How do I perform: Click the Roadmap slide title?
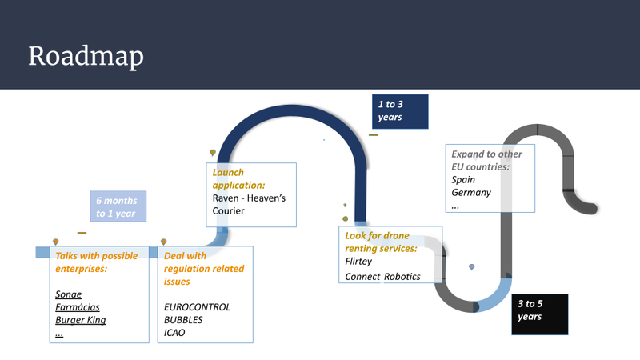tap(86, 56)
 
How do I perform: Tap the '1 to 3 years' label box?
tap(400, 111)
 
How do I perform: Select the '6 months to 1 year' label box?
tap(118, 206)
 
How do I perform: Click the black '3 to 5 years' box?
tap(539, 314)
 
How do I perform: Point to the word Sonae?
tap(68, 294)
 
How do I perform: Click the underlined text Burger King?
tap(81, 320)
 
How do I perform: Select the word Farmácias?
tap(77, 307)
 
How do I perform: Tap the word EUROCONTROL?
tap(197, 307)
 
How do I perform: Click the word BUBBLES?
tap(183, 320)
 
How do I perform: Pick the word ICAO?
tap(174, 333)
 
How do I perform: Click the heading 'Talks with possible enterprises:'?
tap(96, 262)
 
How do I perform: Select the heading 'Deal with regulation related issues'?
tap(204, 269)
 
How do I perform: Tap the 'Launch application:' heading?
tap(238, 178)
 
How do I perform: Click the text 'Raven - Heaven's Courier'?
tap(249, 205)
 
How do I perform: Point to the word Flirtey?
tap(358, 262)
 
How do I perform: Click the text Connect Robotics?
tap(382, 277)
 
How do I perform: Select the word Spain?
tap(463, 180)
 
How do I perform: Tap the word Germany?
tap(471, 193)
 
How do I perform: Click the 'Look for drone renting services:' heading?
tap(381, 242)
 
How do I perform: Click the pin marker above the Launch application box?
tap(213, 153)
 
